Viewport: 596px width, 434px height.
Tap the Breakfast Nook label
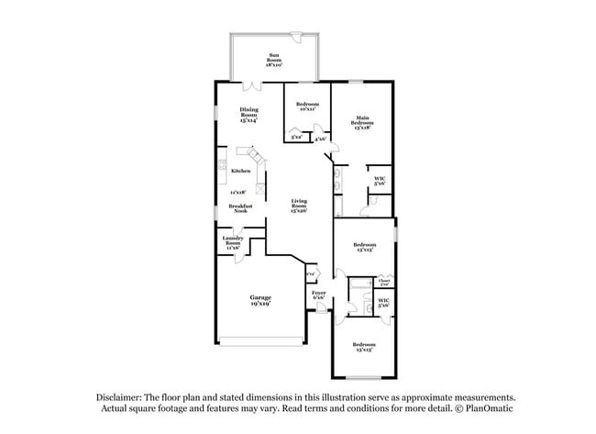(240, 208)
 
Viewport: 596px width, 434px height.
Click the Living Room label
(299, 204)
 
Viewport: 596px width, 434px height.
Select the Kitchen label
(241, 172)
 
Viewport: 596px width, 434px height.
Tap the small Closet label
(384, 282)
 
